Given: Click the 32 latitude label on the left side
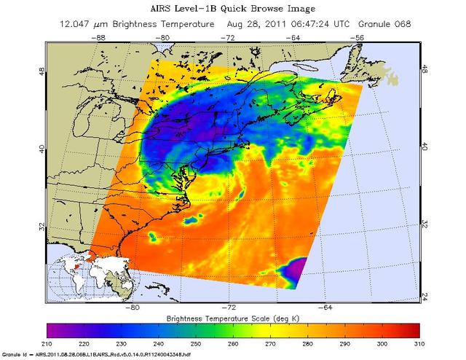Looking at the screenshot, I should (x=41, y=227).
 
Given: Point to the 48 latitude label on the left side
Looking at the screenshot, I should (x=41, y=73).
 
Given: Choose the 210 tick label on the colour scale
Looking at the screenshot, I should (x=47, y=342).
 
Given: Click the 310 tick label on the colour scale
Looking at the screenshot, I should (x=419, y=342).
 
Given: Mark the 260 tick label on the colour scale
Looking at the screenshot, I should (x=233, y=342).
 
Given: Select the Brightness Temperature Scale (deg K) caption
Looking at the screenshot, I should (x=233, y=318).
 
